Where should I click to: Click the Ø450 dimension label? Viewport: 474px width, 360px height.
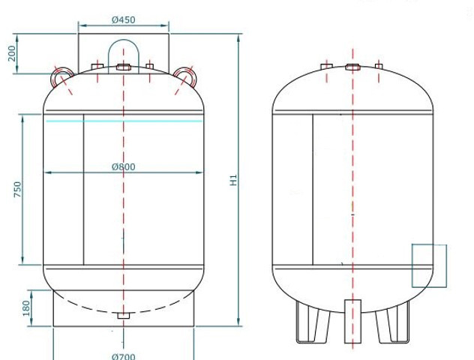[124, 20]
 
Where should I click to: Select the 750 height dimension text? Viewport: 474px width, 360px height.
[17, 189]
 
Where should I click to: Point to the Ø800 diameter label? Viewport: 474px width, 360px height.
[124, 166]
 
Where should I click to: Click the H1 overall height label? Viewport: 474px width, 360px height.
[234, 180]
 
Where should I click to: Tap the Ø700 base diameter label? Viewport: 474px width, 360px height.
[124, 355]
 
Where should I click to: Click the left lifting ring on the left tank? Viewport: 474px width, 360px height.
[61, 74]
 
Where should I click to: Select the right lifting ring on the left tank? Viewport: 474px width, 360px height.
[185, 74]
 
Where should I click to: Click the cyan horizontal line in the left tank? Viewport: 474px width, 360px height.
[124, 121]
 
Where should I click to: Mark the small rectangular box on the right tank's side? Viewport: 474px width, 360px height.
[429, 265]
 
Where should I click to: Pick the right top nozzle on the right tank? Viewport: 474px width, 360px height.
[379, 67]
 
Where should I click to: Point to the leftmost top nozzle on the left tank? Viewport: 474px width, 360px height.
[97, 67]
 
